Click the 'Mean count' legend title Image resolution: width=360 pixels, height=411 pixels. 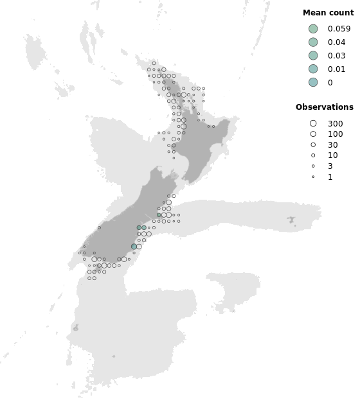tap(328, 13)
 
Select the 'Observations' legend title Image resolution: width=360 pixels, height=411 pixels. tap(324, 107)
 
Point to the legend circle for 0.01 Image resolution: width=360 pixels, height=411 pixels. tap(313, 69)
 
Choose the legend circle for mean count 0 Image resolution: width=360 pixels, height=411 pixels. tap(313, 82)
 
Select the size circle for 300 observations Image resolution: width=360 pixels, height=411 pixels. tap(313, 123)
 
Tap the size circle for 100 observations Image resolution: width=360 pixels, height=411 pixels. tap(313, 134)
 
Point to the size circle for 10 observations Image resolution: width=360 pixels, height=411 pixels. tap(313, 155)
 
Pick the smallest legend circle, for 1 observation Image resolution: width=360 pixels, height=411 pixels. tap(313, 177)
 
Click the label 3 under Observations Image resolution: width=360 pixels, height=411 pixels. tap(330, 166)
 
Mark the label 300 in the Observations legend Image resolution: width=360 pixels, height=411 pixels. tap(335, 123)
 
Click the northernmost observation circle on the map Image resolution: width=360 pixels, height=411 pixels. tap(154, 63)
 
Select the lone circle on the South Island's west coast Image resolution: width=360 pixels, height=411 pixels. tap(99, 227)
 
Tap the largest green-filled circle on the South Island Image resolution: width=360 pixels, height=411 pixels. tap(134, 247)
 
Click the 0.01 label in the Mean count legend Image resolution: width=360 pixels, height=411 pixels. tap(336, 69)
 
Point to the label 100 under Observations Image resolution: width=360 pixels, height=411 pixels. tap(335, 134)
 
